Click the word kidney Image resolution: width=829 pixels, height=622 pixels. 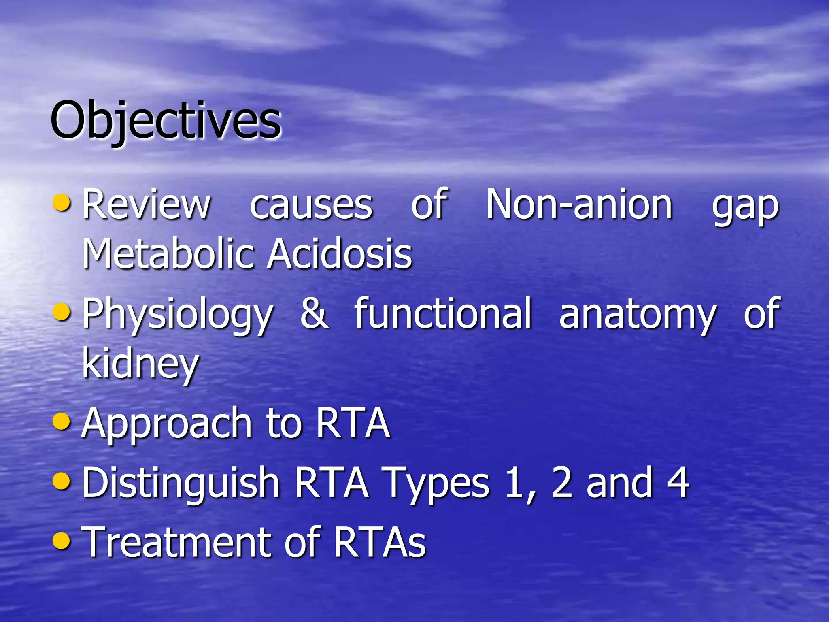[140, 364]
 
